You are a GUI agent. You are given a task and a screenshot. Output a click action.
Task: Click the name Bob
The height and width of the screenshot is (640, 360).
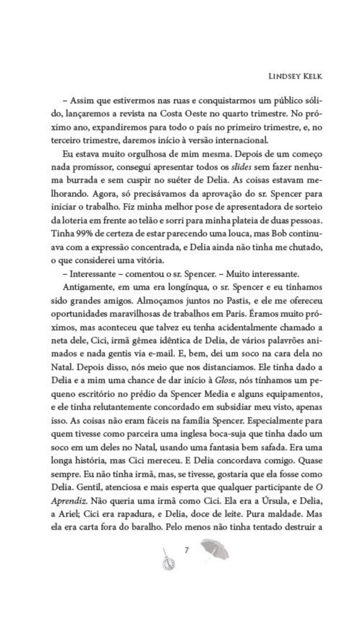[x=271, y=234]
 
